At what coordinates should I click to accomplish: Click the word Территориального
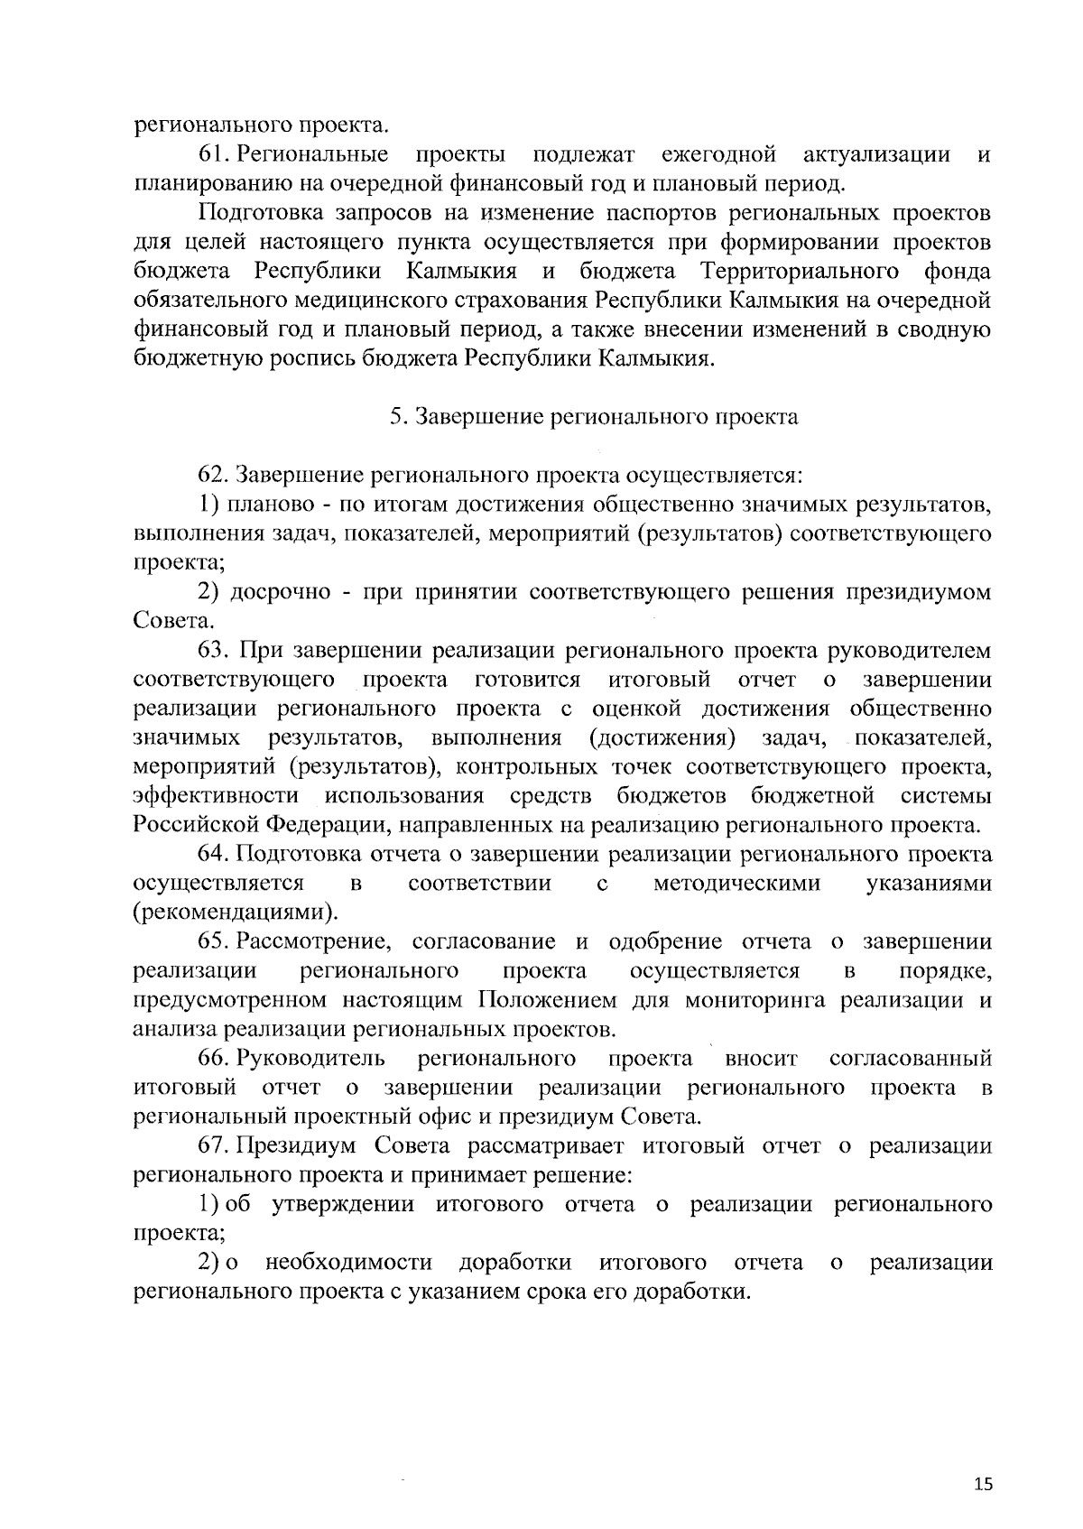[799, 272]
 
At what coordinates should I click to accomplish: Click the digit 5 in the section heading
[394, 417]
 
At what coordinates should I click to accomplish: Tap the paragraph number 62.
[214, 475]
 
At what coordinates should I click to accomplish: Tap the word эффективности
[216, 796]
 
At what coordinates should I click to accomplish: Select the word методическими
[736, 884]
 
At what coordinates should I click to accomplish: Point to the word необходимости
[349, 1263]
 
